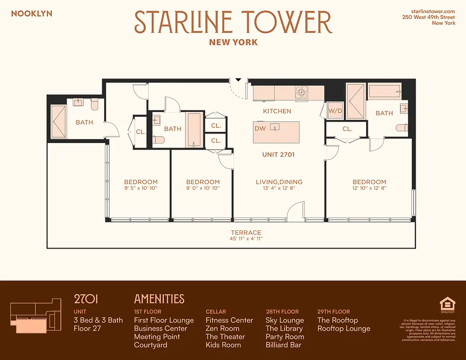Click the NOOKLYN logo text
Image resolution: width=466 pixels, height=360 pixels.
[32, 13]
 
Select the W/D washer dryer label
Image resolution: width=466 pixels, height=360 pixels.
[335, 111]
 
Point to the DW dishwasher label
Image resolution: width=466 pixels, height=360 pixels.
[260, 128]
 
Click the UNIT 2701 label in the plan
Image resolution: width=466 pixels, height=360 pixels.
[278, 154]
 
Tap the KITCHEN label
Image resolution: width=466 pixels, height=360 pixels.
[277, 111]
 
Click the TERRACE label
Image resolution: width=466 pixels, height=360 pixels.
[246, 233]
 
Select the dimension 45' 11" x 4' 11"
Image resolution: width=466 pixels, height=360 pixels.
[246, 239]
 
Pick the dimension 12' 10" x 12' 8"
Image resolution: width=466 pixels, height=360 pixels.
[369, 188]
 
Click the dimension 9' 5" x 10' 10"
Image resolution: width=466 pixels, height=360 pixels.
[141, 188]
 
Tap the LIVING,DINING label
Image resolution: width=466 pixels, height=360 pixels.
[279, 182]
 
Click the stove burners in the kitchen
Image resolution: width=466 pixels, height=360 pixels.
[301, 92]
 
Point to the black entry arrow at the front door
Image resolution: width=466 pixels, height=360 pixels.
[239, 80]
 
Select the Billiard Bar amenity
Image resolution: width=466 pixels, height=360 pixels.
[284, 345]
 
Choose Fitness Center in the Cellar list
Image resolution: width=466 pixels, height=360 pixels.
[229, 320]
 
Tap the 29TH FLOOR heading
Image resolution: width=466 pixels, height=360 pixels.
[333, 311]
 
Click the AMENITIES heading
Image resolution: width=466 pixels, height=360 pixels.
[159, 299]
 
